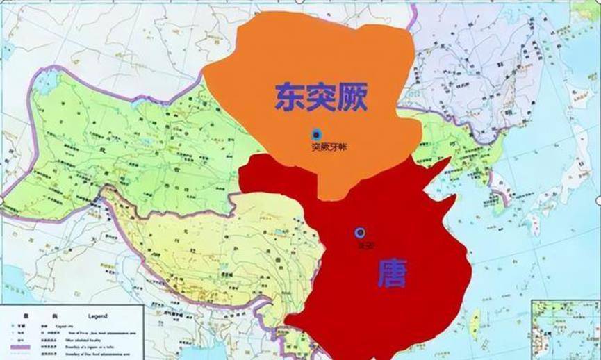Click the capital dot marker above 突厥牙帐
(317, 133)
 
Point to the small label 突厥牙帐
(327, 147)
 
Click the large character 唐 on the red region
(393, 273)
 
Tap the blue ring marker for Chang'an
(359, 232)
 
